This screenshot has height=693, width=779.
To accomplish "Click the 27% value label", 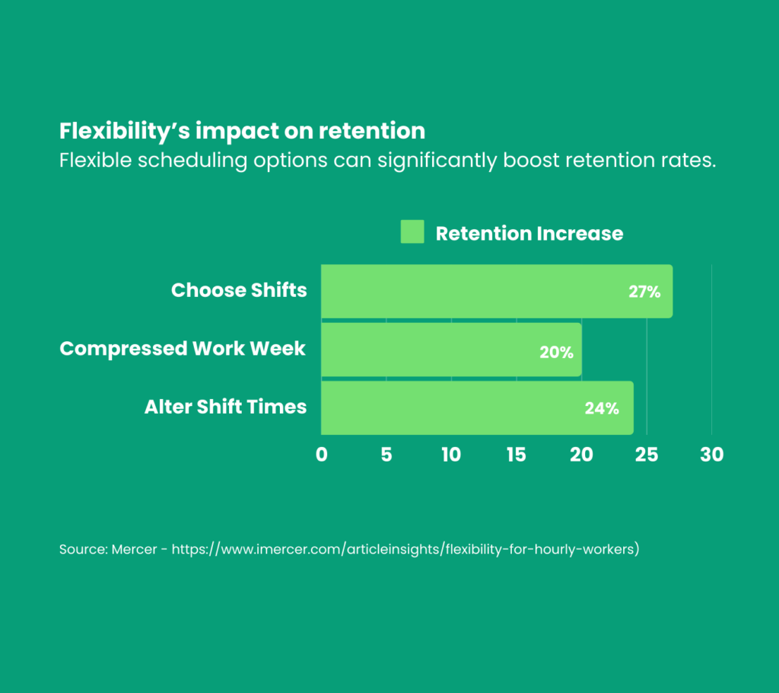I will tap(644, 292).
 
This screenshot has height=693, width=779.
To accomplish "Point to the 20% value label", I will tap(556, 353).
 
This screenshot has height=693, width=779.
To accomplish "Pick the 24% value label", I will tap(602, 408).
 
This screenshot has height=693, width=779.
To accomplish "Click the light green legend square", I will tap(412, 232).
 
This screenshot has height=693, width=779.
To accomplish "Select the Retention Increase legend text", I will tap(529, 233).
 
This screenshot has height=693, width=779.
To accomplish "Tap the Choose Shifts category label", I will tap(239, 290).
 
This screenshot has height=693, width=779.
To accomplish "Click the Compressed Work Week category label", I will tap(183, 349).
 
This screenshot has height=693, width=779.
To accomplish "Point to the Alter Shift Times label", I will tap(225, 407).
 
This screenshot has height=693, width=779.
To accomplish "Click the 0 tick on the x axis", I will tap(321, 455).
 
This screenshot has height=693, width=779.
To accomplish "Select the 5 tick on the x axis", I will tap(386, 455).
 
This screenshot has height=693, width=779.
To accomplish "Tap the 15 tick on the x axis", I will tap(516, 455).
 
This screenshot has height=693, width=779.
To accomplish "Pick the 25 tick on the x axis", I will tap(647, 455).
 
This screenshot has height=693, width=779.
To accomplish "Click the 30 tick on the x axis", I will tap(712, 455).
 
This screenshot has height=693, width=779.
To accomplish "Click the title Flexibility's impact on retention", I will tap(242, 131).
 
